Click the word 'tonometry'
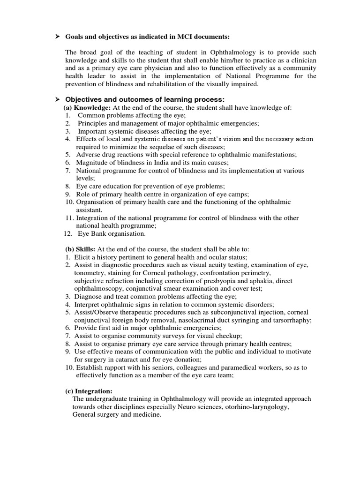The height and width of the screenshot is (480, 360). [x=90, y=273]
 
